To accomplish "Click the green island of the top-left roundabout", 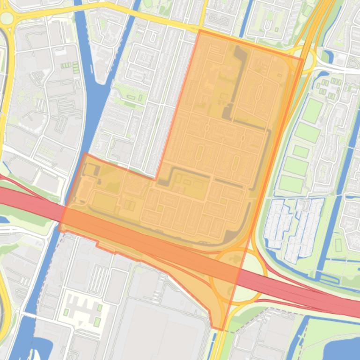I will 7,18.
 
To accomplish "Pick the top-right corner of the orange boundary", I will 302,58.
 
